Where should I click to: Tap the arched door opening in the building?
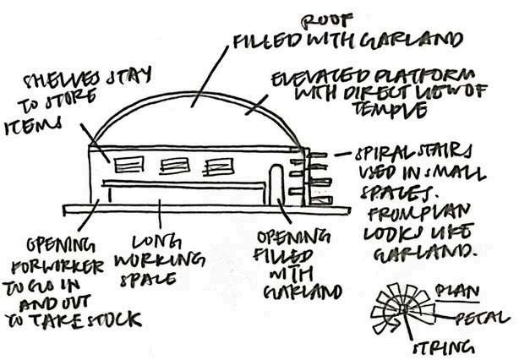point(276,182)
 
